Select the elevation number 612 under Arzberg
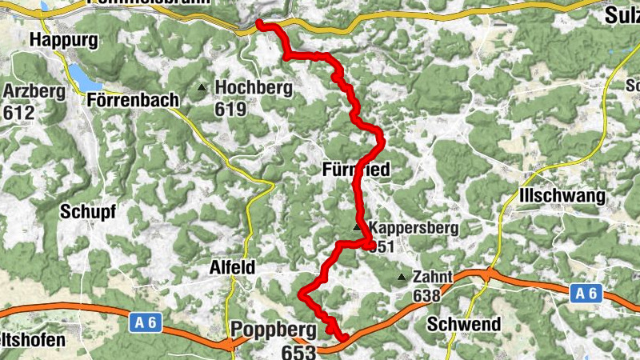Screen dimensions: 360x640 coord(19,112)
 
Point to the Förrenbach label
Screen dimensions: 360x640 coord(131,100)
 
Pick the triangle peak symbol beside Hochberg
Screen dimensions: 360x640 coord(202,88)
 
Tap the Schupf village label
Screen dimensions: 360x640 coord(88,212)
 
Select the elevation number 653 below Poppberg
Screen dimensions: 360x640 coord(298,350)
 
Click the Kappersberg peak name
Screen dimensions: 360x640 coord(413,228)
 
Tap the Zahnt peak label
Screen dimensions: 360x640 coord(433,278)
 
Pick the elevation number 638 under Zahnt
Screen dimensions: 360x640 coord(426,296)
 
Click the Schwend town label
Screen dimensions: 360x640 coord(464,324)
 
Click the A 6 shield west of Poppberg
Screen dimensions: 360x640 coord(142,322)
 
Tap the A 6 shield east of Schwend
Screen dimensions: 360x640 coord(586,294)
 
